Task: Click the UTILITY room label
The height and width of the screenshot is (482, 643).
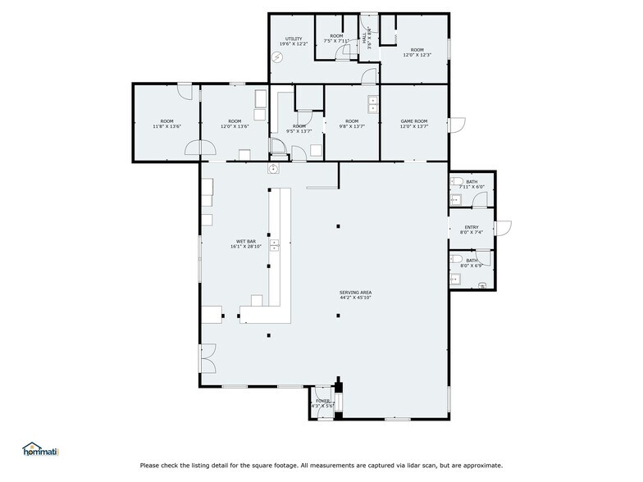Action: click(x=294, y=39)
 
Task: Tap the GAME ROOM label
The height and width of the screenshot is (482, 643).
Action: click(x=414, y=120)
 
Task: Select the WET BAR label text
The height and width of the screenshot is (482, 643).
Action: click(x=247, y=242)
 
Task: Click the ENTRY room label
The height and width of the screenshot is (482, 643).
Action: click(x=472, y=227)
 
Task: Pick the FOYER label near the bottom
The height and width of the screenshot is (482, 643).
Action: click(x=322, y=401)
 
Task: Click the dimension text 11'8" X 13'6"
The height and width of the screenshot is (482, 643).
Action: click(x=167, y=127)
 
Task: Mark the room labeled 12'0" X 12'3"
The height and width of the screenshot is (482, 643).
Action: click(x=417, y=54)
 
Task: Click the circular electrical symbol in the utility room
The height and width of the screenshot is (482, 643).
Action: click(x=277, y=57)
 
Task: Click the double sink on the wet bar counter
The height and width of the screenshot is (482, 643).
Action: click(x=276, y=243)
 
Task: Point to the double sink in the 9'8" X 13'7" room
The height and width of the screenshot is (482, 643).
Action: click(x=373, y=104)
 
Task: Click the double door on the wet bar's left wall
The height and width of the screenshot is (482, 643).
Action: click(x=205, y=357)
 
